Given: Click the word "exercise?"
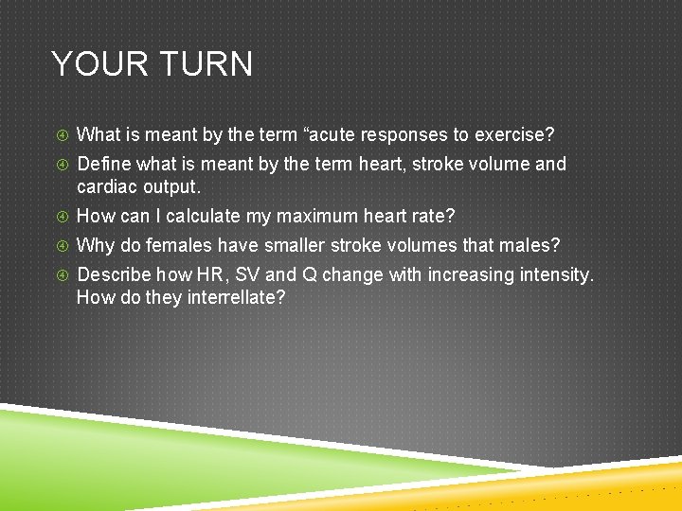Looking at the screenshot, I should (513, 134).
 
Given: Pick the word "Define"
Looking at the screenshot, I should (102, 165).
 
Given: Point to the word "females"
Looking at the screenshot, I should (178, 246).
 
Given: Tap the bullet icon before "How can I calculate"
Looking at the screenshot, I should (60, 217).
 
